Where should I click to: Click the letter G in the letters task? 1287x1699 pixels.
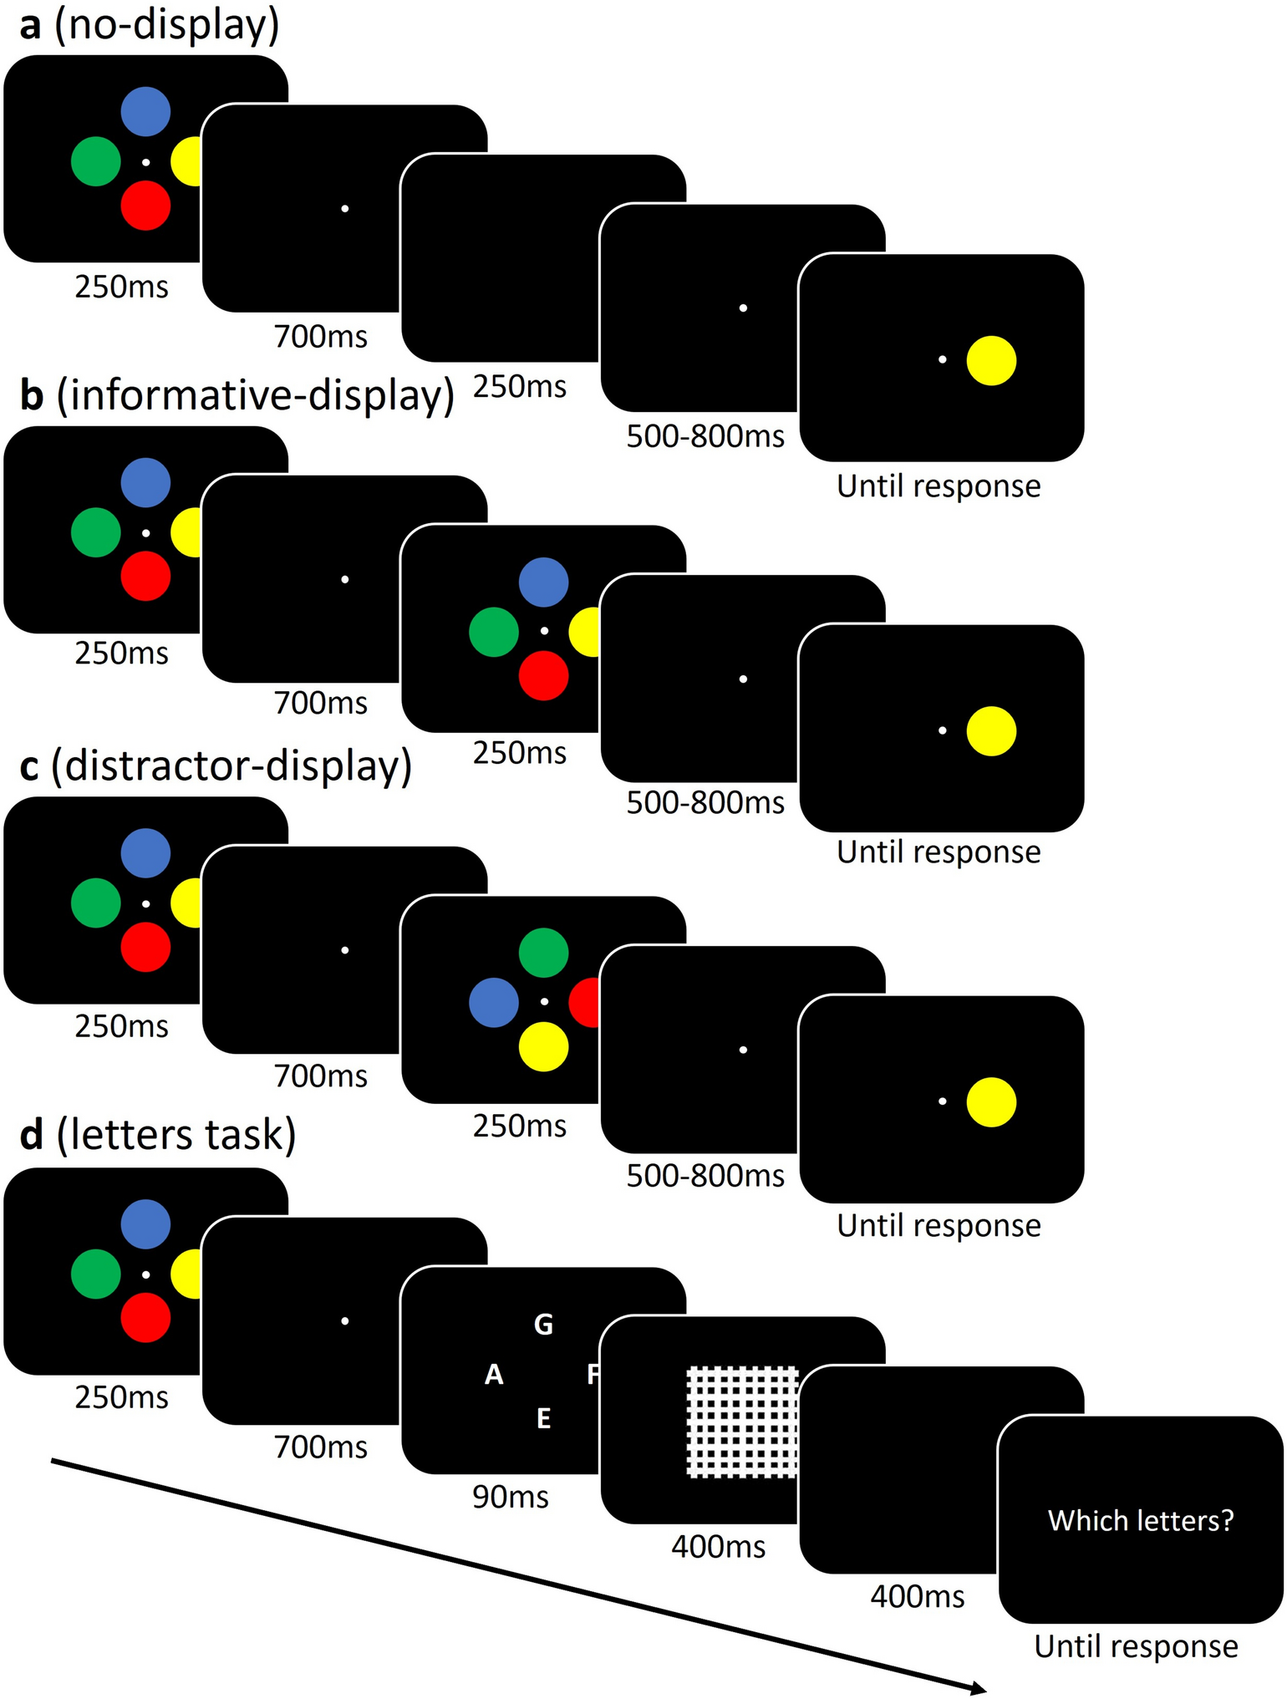(543, 1325)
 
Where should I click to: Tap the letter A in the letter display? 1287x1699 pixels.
(494, 1375)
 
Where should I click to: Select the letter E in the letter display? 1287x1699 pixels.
(543, 1418)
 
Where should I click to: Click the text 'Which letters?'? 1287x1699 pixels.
(1141, 1520)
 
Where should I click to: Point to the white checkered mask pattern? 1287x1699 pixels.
(742, 1422)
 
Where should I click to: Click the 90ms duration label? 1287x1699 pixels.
(511, 1497)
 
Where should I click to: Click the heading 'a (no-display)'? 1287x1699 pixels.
(150, 26)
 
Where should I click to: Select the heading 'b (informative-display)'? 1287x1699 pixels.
(237, 396)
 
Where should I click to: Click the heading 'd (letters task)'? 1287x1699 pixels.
(158, 1135)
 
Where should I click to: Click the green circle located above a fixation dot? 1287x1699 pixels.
(543, 953)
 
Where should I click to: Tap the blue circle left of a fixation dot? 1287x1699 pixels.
(494, 1002)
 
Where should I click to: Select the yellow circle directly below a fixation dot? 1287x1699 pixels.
(543, 1046)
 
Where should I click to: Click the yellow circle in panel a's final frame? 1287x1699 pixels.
(991, 360)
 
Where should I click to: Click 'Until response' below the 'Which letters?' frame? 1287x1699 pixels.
(1136, 1646)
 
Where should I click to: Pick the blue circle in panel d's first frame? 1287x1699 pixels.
(145, 1224)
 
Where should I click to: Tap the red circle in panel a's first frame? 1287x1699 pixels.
(145, 205)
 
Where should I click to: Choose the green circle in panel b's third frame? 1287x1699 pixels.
(494, 632)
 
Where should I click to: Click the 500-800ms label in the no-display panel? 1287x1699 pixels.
(705, 436)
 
